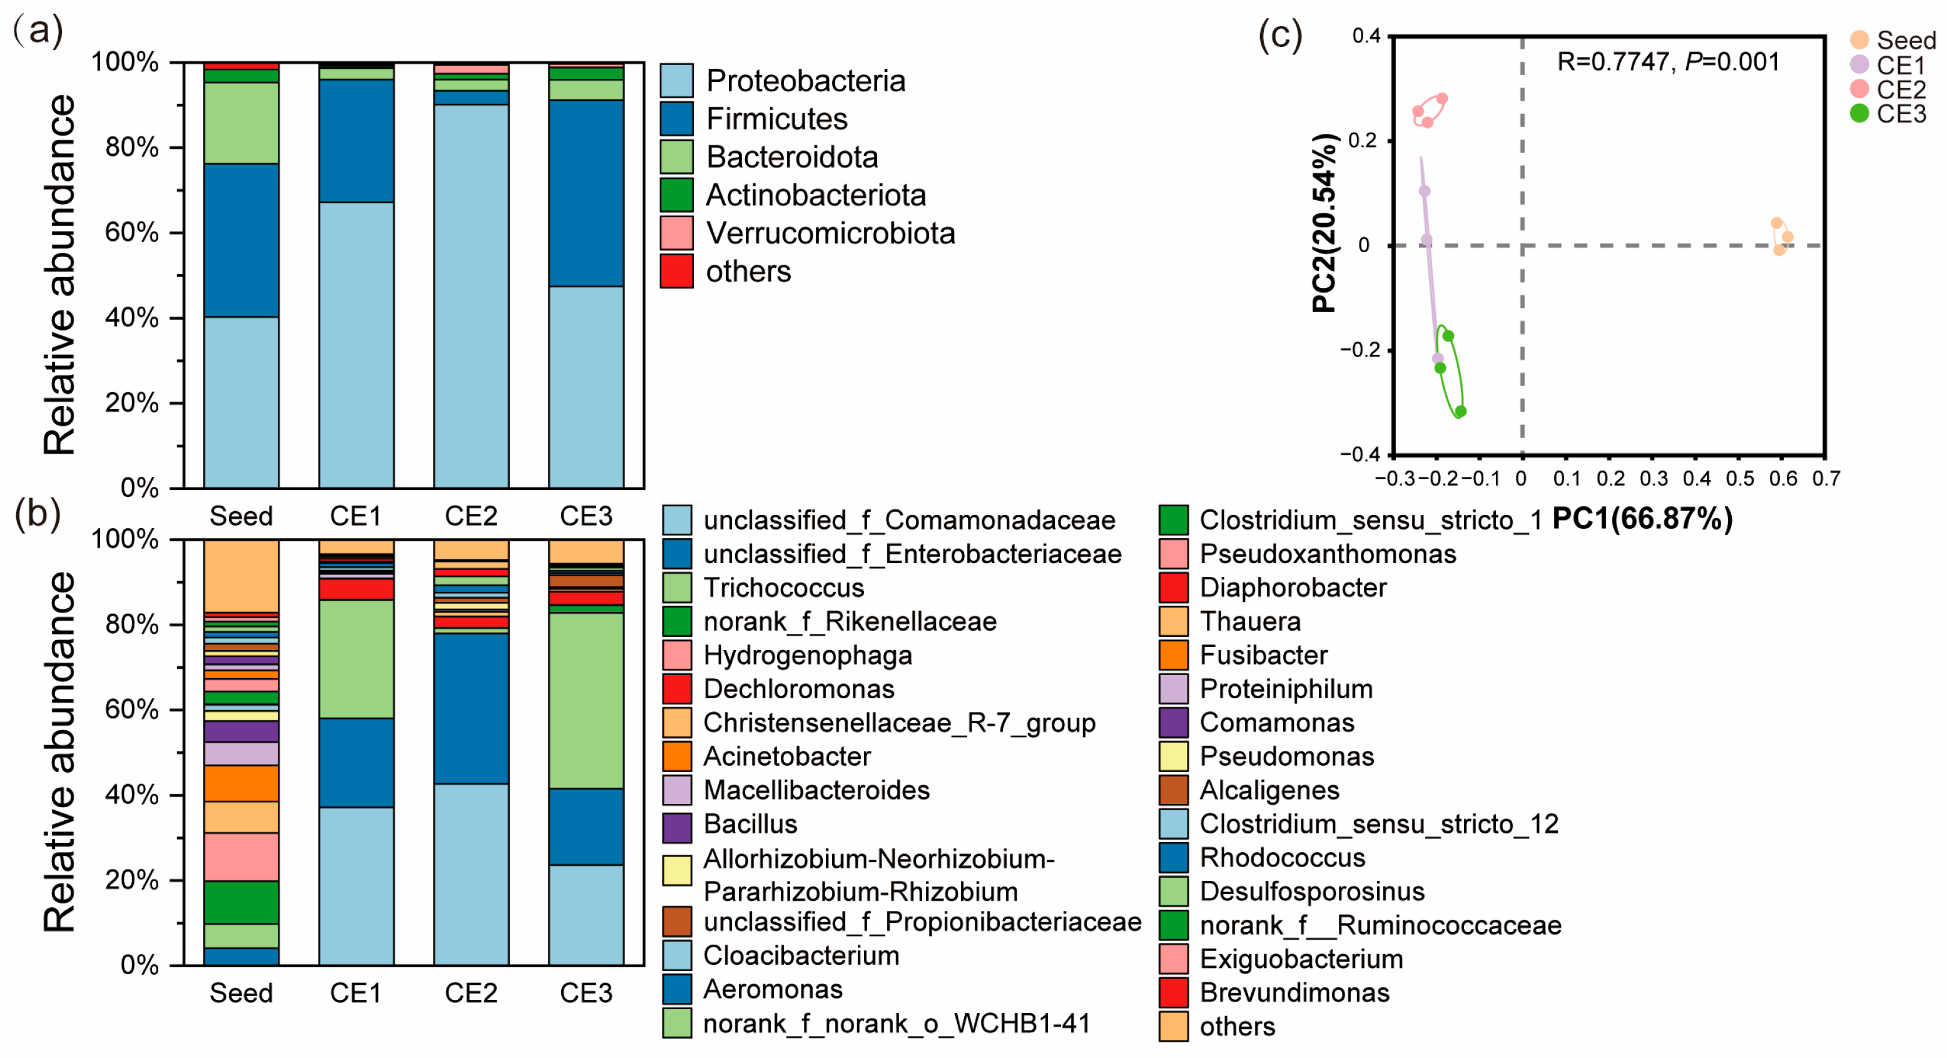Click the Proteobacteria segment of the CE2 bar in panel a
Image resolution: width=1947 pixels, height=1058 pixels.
click(471, 295)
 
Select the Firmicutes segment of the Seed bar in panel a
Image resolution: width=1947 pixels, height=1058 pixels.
click(241, 240)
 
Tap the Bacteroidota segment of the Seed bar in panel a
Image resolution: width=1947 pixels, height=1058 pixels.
click(241, 123)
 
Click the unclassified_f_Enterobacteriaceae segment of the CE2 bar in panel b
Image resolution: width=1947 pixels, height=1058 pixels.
click(471, 708)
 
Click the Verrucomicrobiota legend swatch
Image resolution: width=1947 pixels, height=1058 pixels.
click(676, 233)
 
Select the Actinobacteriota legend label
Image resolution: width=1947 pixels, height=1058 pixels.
click(816, 195)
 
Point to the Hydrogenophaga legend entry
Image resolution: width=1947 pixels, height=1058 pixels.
click(807, 655)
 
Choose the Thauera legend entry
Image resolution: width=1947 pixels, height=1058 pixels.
click(1250, 621)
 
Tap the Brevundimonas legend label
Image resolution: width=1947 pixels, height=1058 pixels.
click(1294, 992)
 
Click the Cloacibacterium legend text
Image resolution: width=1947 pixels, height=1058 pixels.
click(801, 955)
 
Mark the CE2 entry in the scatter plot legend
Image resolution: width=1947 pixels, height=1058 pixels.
click(1900, 89)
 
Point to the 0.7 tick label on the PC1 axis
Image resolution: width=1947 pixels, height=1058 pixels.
click(1826, 479)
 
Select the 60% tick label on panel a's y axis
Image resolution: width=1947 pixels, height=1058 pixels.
click(131, 232)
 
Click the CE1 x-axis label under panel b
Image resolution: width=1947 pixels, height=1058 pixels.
click(356, 992)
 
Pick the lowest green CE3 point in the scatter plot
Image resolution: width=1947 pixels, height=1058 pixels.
click(1460, 411)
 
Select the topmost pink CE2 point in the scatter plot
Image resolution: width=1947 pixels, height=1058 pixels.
click(1442, 98)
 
